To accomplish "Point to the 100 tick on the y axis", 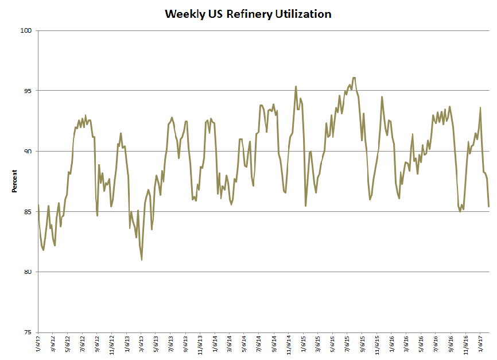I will pos(26,30).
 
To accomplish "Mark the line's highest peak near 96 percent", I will pos(354,78).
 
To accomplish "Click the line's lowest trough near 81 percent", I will pos(141,260).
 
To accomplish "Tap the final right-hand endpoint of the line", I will pos(489,206).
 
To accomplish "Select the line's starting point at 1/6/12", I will pos(38,205).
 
